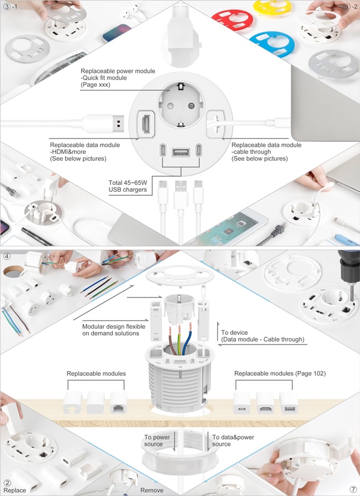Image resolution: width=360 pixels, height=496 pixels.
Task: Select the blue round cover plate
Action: tap(272, 43)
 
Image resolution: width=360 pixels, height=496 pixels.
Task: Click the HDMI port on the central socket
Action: tap(146, 124)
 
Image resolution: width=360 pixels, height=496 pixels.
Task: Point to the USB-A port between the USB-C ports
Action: tap(181, 152)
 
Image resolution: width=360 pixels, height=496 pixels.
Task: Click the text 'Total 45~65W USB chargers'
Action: tap(128, 186)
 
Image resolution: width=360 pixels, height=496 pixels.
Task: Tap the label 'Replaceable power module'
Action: tap(118, 71)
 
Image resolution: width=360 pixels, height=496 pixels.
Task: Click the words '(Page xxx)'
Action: tap(95, 85)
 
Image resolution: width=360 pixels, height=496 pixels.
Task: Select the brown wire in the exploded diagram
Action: tap(171, 341)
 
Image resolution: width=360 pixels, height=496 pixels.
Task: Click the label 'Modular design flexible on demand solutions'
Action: tap(114, 330)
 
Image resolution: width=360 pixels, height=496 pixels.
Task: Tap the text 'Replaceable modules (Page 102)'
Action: tap(280, 373)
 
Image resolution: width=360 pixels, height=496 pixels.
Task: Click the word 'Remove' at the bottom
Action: tap(152, 490)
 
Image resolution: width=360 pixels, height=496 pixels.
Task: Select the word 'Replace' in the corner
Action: tap(15, 490)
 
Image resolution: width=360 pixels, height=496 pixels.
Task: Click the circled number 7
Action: tap(353, 489)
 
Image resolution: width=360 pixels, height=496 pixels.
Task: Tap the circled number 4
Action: tap(7, 256)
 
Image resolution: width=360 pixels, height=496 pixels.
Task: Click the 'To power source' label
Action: tap(157, 440)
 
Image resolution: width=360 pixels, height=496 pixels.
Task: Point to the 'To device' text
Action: tap(234, 333)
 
